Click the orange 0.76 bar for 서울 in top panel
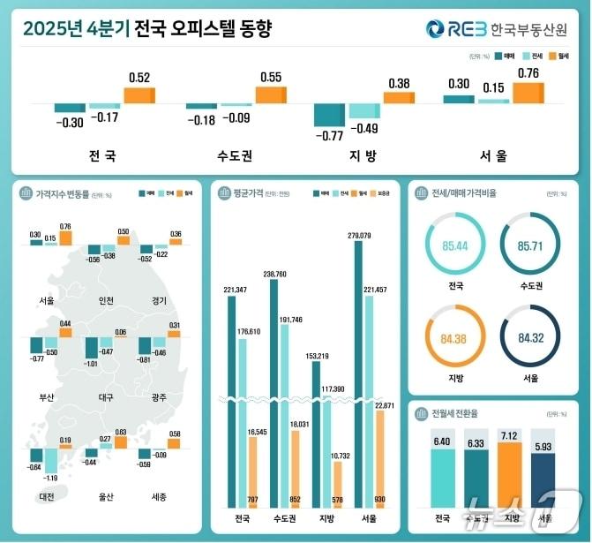(528, 93)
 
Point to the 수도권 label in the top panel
(234, 156)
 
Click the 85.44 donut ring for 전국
(455, 242)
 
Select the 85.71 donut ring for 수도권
(529, 242)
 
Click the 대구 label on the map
(105, 398)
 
